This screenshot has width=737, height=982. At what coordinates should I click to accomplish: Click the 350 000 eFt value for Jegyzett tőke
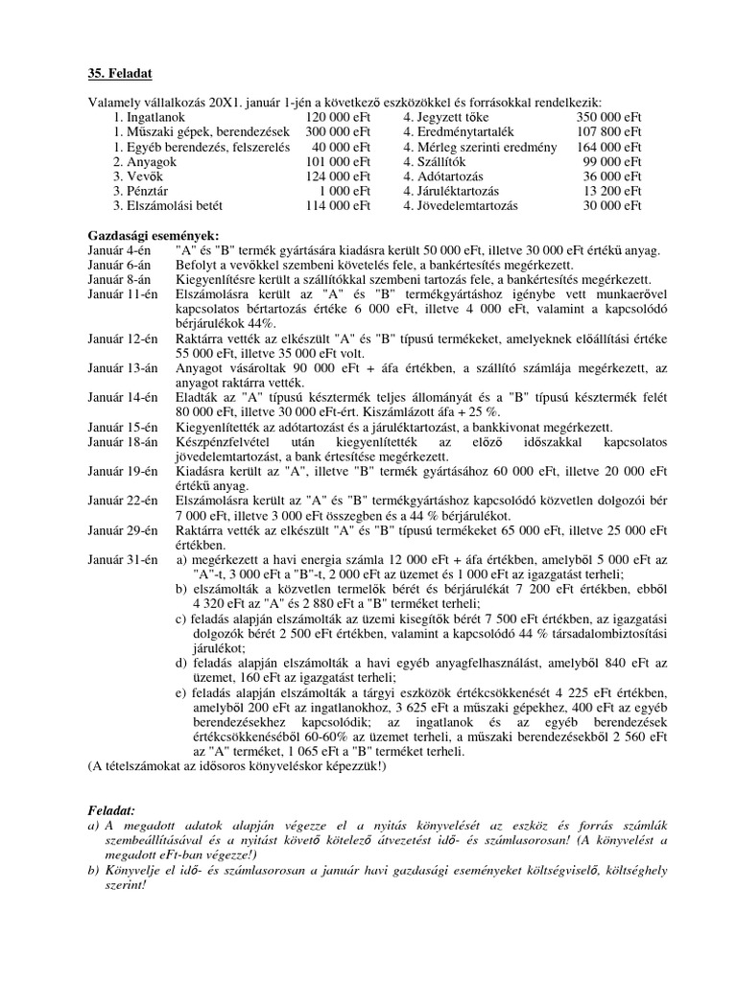click(x=609, y=116)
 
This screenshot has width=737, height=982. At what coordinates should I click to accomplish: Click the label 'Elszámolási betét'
click(x=175, y=205)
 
